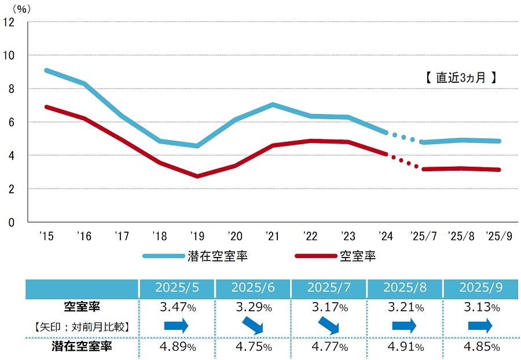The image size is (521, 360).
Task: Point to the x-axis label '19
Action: pyautogui.click(x=197, y=236)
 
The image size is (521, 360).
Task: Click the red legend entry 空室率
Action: pyautogui.click(x=357, y=255)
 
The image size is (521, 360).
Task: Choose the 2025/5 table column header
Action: pyautogui.click(x=176, y=288)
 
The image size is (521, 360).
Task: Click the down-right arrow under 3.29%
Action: pyautogui.click(x=252, y=326)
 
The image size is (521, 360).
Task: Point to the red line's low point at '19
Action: pyautogui.click(x=197, y=176)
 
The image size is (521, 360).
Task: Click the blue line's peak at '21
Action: pyautogui.click(x=272, y=105)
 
